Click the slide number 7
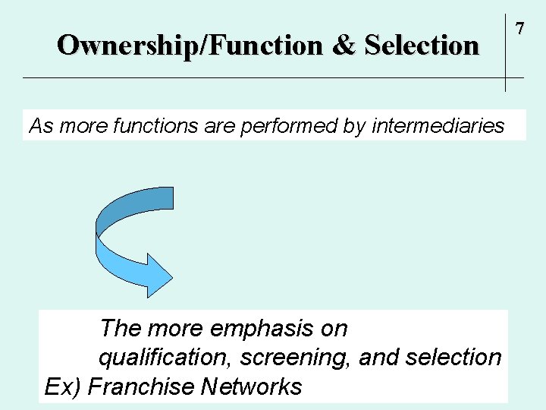(519, 29)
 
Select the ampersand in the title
(344, 46)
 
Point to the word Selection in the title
(422, 46)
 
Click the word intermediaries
(438, 126)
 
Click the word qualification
(147, 357)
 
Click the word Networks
(252, 386)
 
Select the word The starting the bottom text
(121, 329)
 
